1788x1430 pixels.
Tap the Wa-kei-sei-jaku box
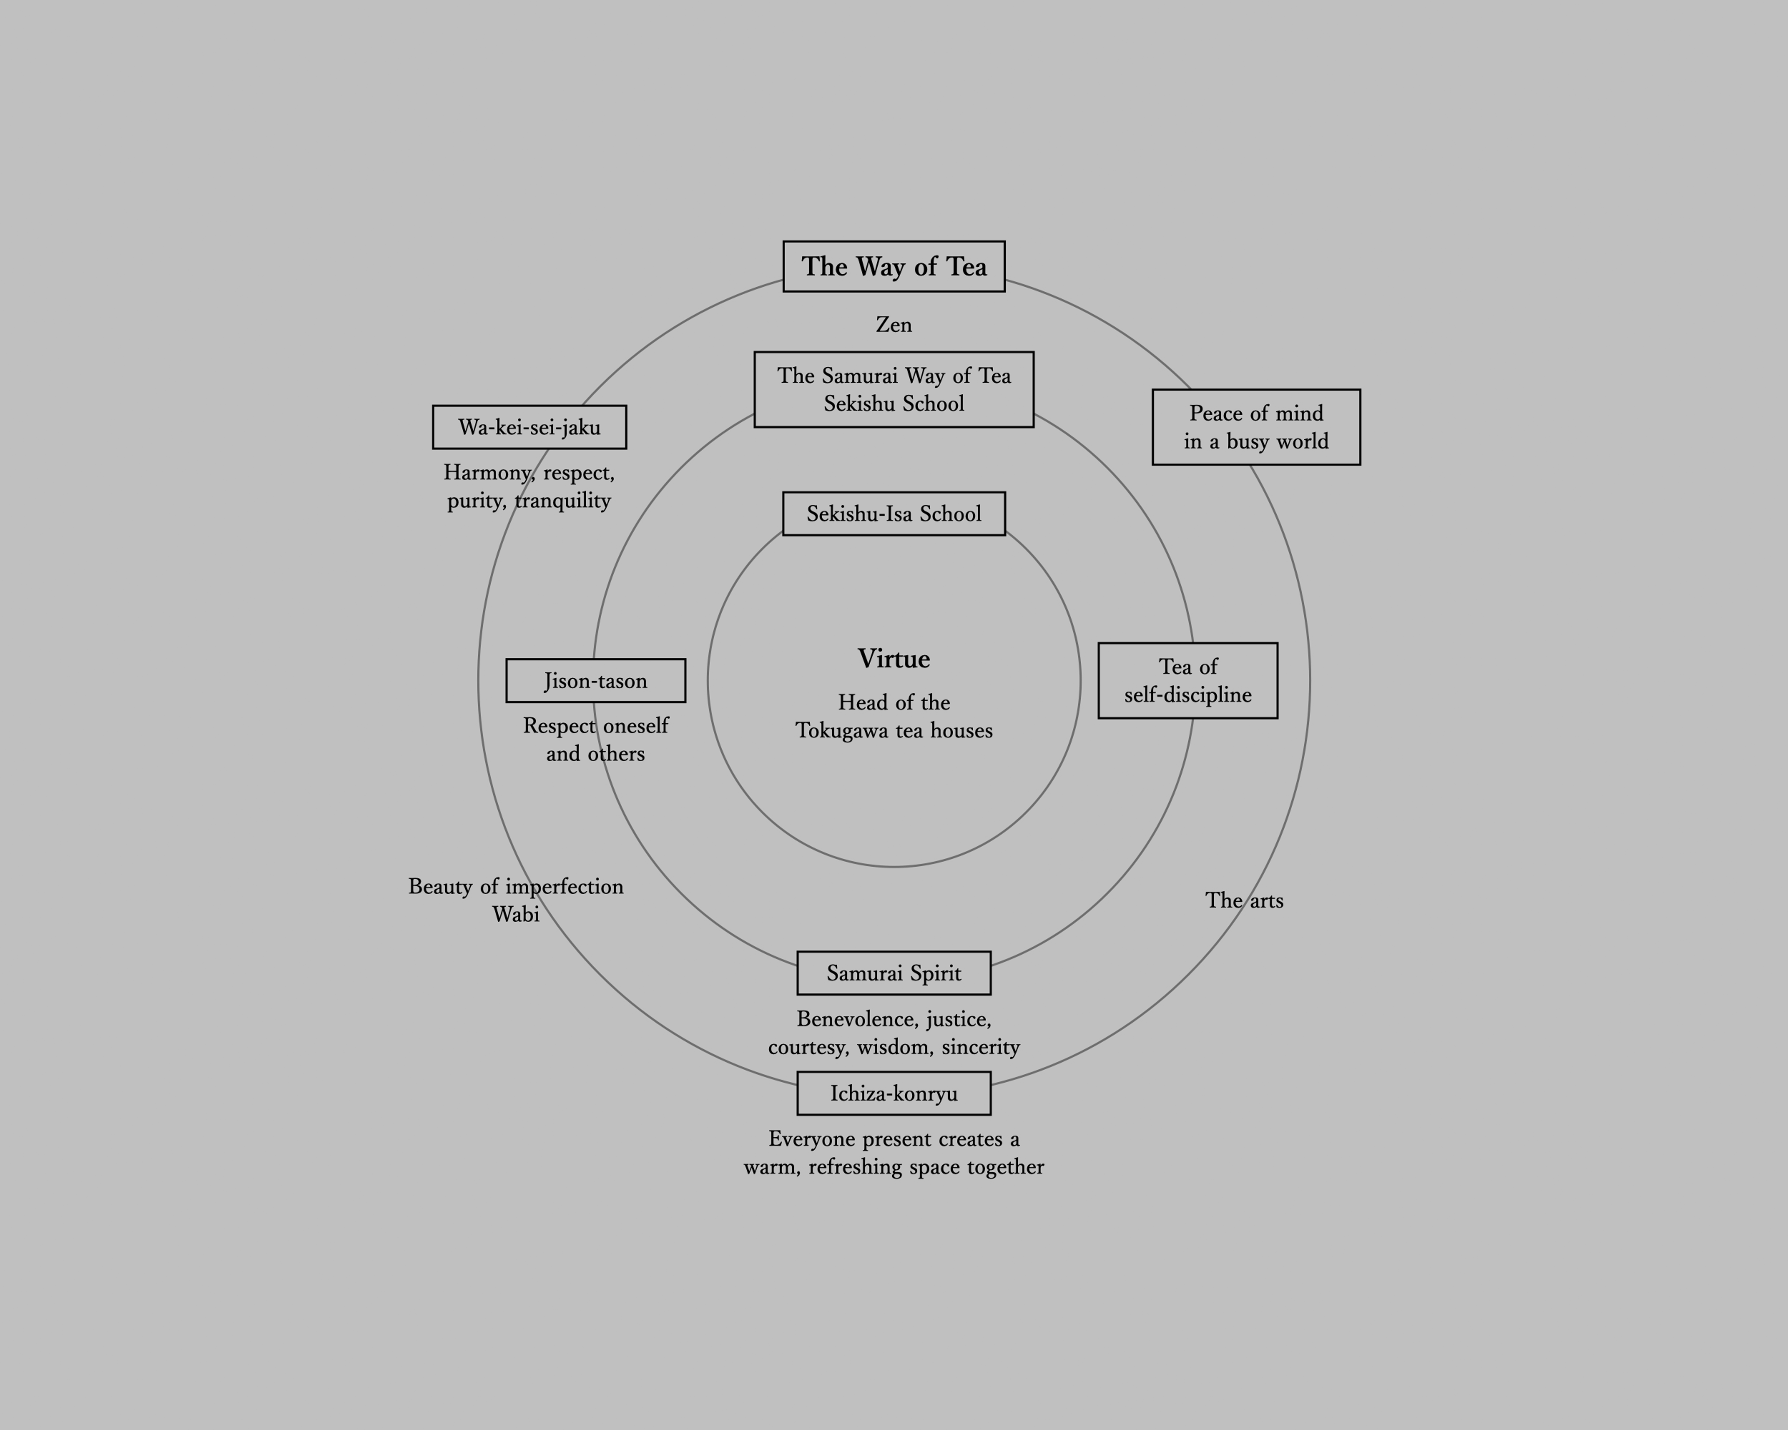click(529, 427)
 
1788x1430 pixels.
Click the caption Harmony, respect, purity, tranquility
click(529, 486)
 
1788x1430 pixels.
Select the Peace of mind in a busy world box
click(1256, 427)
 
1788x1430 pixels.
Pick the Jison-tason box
click(596, 681)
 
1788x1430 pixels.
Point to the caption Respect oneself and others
click(596, 740)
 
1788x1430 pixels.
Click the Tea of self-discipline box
click(1188, 681)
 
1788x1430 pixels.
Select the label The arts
click(1244, 900)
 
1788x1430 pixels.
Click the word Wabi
click(516, 914)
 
